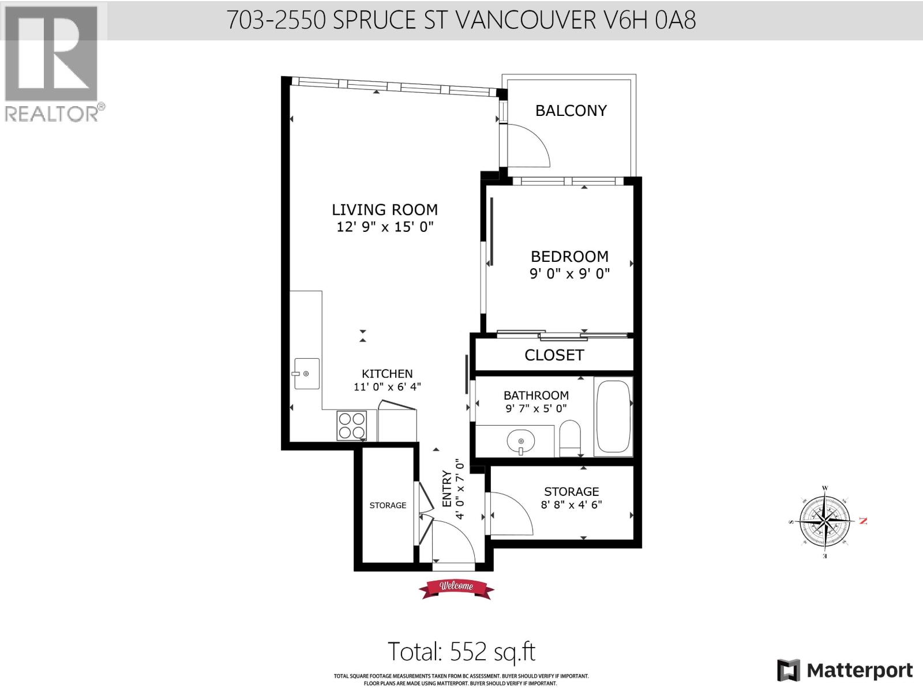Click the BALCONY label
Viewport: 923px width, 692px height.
coord(571,110)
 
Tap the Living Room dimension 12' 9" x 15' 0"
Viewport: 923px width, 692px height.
coord(385,227)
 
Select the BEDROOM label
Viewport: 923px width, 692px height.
coord(569,256)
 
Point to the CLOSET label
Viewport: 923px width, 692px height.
coord(554,355)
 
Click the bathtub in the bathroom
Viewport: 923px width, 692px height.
coord(613,416)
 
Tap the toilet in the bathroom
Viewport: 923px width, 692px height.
coord(570,438)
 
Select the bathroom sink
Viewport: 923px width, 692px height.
coord(521,443)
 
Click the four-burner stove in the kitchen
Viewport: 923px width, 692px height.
coord(352,426)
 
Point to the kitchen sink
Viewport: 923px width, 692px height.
coord(306,373)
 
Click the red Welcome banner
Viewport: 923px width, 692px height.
coord(456,587)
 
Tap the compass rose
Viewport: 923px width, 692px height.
coord(826,521)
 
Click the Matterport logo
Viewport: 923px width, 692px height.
coord(846,670)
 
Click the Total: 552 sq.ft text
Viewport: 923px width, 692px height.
coord(461,652)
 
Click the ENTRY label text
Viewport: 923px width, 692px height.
coord(447,489)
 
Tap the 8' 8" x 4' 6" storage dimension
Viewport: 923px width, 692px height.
coord(571,505)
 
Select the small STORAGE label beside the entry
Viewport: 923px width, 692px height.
coord(388,505)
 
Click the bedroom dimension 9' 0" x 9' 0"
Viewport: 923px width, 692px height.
coord(569,274)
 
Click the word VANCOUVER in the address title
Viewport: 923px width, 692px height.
coord(526,20)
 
